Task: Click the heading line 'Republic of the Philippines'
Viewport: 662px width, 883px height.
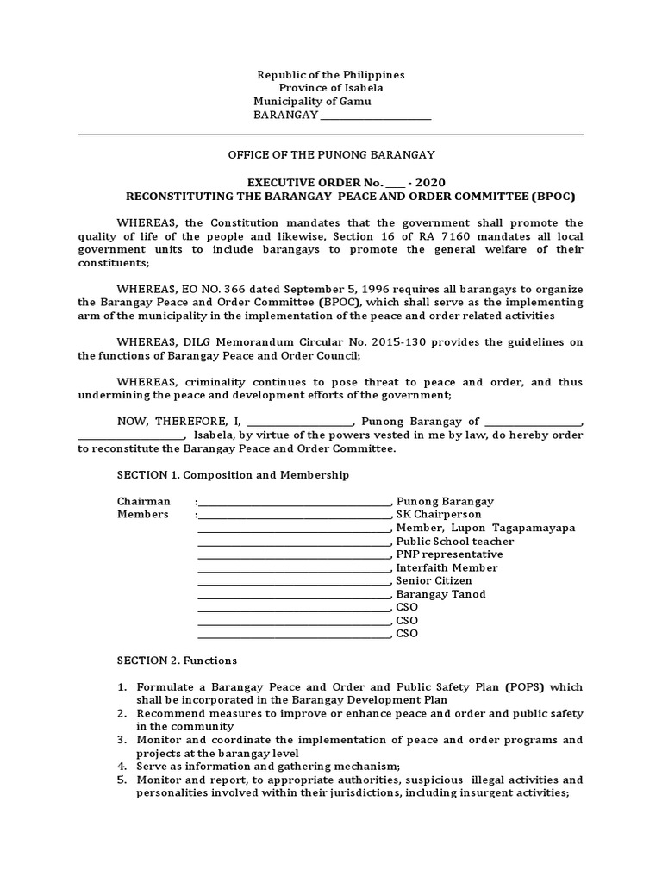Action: click(331, 75)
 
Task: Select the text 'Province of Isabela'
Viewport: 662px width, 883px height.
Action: click(331, 88)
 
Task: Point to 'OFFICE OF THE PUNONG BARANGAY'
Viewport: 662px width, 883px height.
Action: click(331, 154)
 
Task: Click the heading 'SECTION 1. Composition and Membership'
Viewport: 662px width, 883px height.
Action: click(233, 475)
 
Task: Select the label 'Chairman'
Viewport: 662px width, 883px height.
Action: click(144, 502)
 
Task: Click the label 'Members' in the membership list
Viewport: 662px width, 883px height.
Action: click(143, 515)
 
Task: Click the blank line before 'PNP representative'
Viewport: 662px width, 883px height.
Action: click(294, 555)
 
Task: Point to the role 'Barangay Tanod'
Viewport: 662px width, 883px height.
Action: click(440, 594)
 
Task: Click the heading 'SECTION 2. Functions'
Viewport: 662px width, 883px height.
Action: click(177, 661)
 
